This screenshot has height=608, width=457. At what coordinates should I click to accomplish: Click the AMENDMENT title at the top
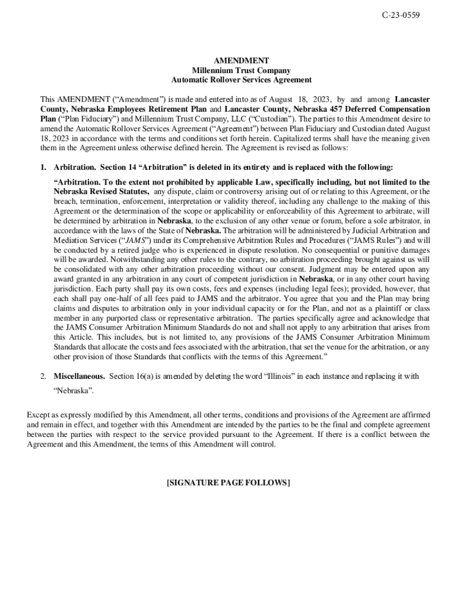(x=241, y=61)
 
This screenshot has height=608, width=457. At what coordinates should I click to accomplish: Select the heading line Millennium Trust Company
(x=241, y=70)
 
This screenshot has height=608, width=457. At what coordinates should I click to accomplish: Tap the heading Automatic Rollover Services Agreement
(x=241, y=80)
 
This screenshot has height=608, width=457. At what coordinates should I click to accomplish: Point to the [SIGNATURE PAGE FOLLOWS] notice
(x=228, y=483)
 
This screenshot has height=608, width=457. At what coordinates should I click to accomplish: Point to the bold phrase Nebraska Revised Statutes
(x=101, y=192)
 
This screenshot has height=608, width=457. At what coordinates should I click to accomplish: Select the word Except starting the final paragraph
(x=39, y=416)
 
